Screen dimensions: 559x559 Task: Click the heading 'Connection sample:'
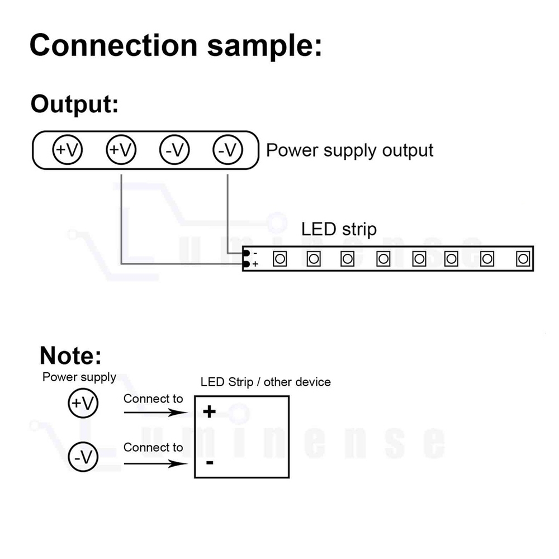[176, 45]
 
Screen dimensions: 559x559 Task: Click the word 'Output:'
[74, 104]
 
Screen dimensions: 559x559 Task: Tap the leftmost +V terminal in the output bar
[68, 150]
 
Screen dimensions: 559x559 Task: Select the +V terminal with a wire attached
[121, 150]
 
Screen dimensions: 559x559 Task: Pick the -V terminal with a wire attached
[228, 150]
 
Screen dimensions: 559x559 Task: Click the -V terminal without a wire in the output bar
[174, 150]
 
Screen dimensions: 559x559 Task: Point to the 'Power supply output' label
[349, 150]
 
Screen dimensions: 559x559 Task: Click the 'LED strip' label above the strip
[339, 229]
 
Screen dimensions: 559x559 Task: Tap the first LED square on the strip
[279, 259]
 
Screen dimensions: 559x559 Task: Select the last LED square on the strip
[523, 259]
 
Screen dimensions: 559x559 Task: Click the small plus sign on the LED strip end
[255, 264]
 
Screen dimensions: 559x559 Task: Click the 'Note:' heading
[70, 356]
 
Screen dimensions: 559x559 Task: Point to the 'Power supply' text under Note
[79, 377]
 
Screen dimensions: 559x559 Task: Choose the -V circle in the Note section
[83, 457]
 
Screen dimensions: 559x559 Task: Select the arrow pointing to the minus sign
[154, 463]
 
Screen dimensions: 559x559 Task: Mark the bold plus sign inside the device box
[209, 413]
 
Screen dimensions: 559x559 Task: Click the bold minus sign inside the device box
[209, 463]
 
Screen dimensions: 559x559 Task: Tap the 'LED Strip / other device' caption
[266, 382]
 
